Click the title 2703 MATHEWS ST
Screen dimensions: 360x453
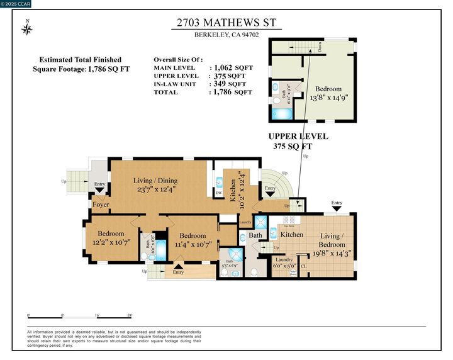(226, 23)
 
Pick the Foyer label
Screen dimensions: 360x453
(101, 205)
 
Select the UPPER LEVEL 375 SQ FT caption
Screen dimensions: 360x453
(298, 141)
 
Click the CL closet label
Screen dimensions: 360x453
(304, 266)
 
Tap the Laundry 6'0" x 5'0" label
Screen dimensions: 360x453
(284, 263)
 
